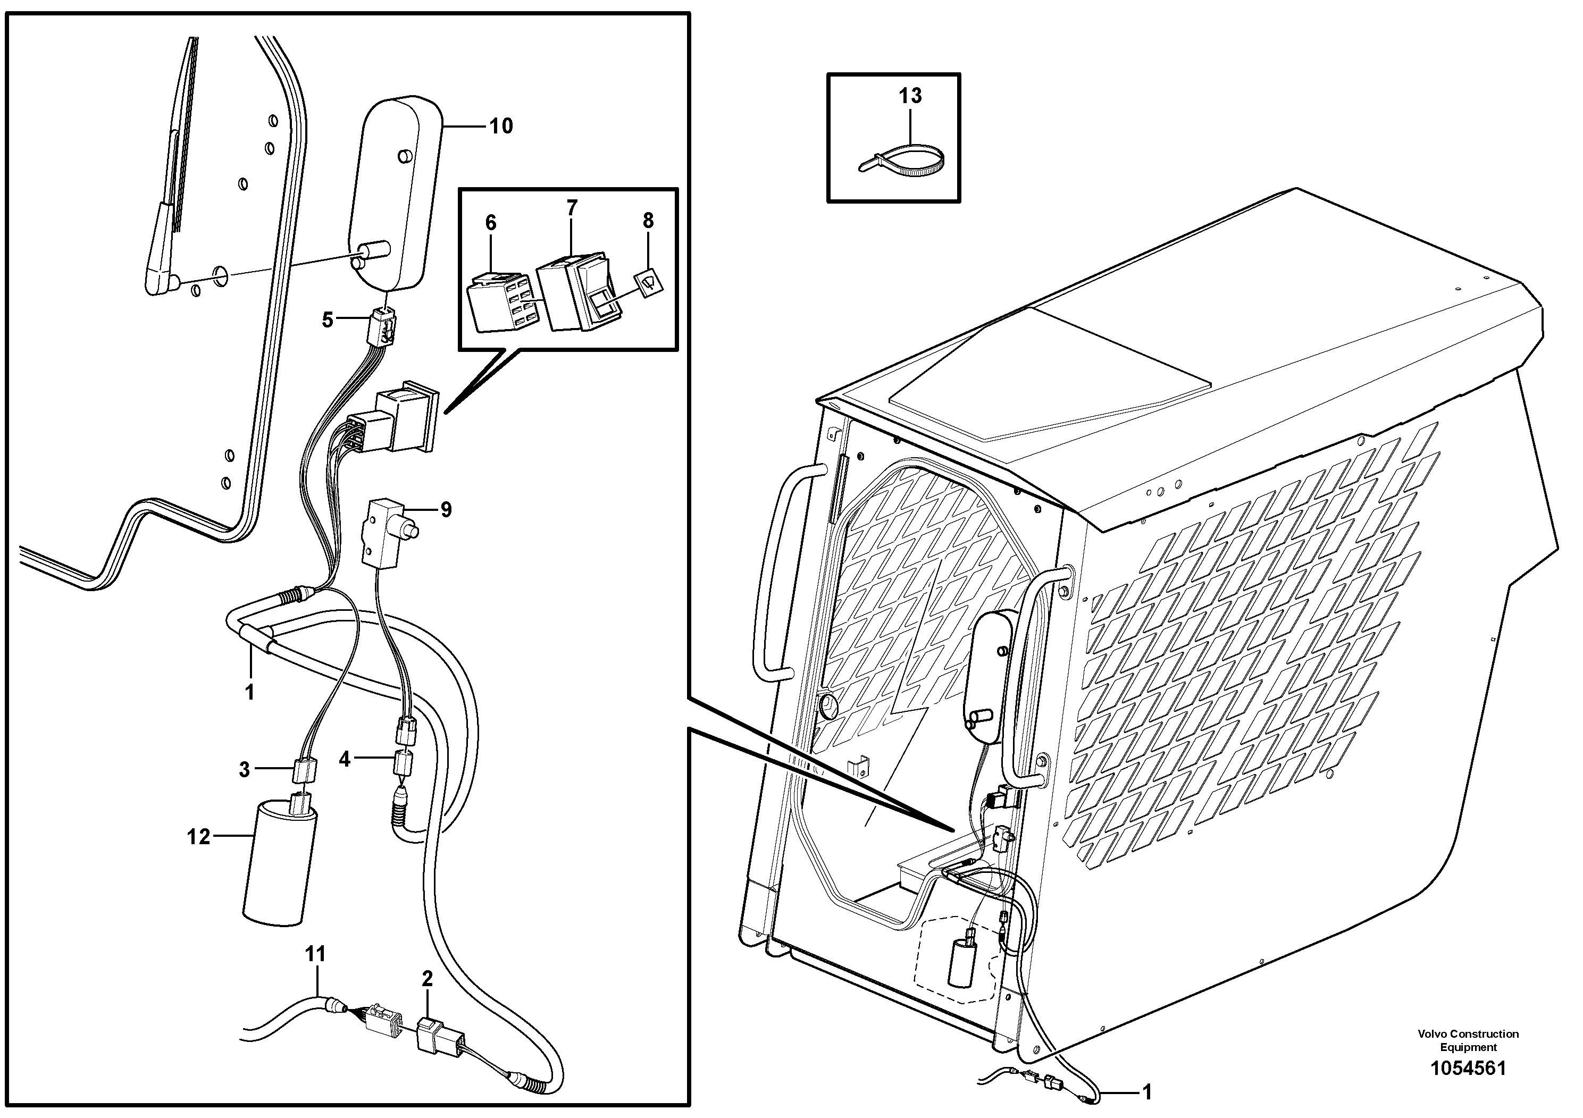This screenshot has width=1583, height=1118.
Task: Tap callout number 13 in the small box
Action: [910, 96]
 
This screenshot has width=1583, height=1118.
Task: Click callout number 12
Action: [198, 837]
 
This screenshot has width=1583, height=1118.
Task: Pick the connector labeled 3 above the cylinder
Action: [304, 769]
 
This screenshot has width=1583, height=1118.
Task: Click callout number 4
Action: [345, 760]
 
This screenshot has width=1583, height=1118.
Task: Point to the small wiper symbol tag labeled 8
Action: [650, 281]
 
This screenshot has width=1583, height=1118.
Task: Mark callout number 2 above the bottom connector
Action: [428, 979]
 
